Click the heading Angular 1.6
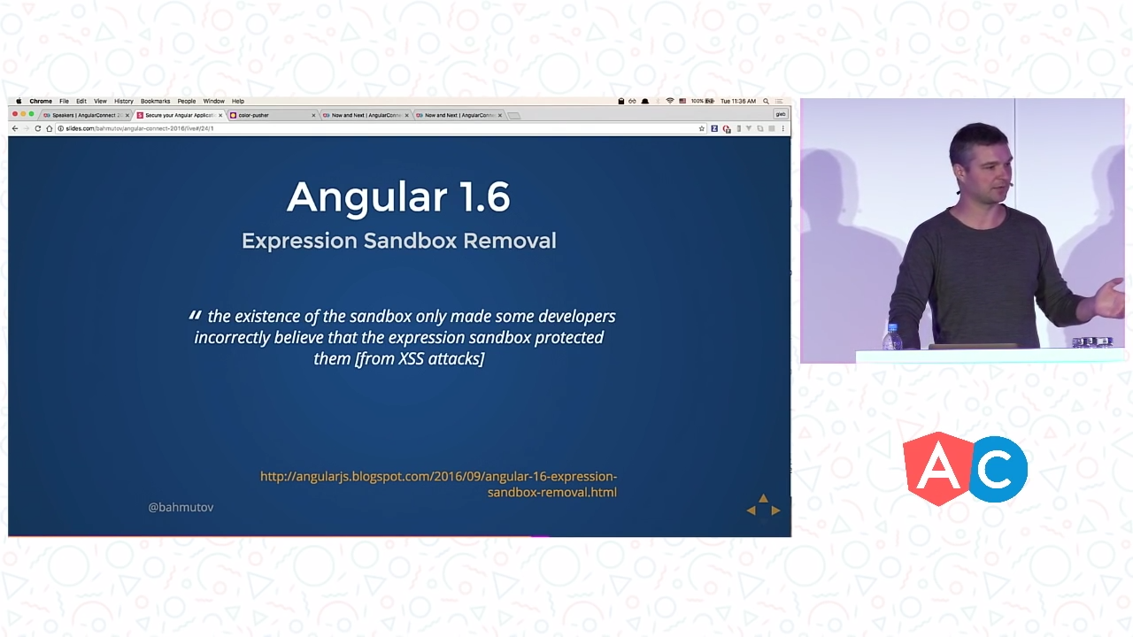click(398, 196)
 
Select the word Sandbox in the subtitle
click(411, 241)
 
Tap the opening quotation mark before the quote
click(195, 315)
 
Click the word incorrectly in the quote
click(232, 337)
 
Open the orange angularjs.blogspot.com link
click(438, 484)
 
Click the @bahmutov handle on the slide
click(181, 507)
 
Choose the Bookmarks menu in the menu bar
click(155, 101)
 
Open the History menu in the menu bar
click(123, 101)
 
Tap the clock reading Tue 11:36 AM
click(738, 101)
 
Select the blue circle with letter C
click(998, 470)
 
